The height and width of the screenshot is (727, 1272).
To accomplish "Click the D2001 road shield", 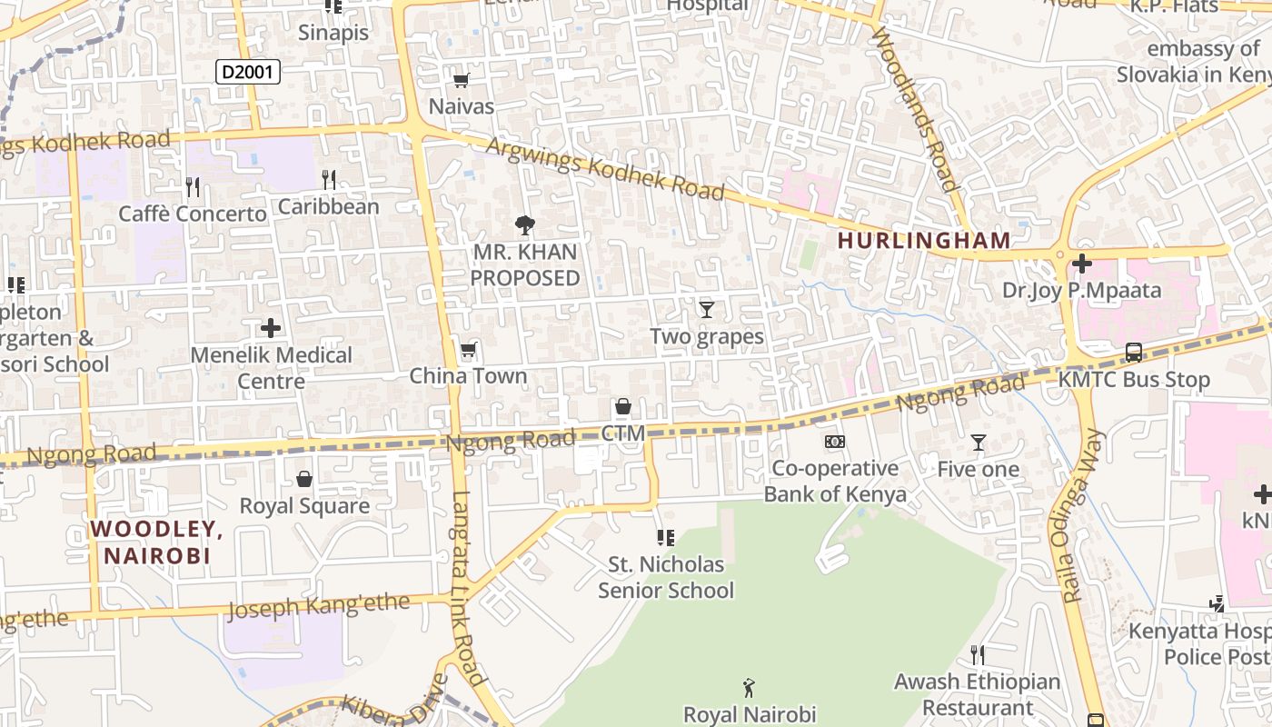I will point(247,72).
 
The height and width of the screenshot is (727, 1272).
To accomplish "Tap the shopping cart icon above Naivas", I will point(461,80).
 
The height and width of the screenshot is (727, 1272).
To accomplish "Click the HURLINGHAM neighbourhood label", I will point(923,241).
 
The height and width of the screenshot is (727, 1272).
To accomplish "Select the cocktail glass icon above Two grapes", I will point(706,309).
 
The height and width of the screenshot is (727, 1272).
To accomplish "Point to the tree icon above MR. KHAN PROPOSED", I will point(524,225).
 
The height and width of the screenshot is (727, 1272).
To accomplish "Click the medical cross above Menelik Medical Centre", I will point(271,327).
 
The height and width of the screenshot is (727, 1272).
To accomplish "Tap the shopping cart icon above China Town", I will point(468,350).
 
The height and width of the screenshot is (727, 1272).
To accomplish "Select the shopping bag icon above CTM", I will point(623,406).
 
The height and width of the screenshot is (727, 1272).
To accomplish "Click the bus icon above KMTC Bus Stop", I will point(1133,353).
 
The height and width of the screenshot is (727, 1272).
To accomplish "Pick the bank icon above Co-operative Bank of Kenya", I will point(834,442).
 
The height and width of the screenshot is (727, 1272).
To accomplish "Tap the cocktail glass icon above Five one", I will point(978,443).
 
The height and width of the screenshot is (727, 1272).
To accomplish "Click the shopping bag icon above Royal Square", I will point(304,478).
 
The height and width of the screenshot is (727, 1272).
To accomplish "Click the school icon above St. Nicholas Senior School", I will point(665,538).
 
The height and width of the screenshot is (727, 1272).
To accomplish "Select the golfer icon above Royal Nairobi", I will point(749,688).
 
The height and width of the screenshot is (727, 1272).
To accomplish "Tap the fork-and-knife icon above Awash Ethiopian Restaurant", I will point(977,654).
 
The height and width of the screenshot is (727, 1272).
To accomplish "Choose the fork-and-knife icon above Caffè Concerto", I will point(192,187).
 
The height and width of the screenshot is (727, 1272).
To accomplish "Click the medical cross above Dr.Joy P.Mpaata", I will point(1081,264).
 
